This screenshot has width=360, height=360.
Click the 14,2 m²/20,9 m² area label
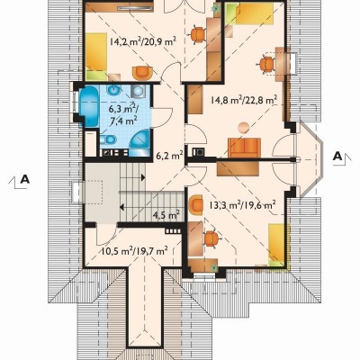point(142,41)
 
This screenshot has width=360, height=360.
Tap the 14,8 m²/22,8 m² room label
point(243,100)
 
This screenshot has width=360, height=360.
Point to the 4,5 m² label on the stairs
point(166,215)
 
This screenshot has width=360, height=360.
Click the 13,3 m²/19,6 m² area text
point(242,205)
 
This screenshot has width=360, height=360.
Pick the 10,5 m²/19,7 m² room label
point(134,250)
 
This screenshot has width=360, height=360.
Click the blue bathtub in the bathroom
point(89,106)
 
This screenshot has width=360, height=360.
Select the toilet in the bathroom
point(108,139)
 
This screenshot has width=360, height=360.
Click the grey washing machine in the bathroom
point(138,91)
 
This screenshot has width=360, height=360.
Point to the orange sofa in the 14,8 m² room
point(244,148)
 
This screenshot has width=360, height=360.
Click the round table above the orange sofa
point(244,128)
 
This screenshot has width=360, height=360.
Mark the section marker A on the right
point(338,157)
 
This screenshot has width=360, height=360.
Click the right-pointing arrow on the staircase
point(143,177)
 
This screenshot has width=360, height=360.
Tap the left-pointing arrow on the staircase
point(122,207)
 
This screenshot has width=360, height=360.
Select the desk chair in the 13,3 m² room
point(212,238)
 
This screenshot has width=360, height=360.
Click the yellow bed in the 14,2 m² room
point(96,56)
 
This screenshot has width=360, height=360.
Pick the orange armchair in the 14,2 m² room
point(142,73)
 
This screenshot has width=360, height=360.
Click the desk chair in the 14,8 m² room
point(266,64)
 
